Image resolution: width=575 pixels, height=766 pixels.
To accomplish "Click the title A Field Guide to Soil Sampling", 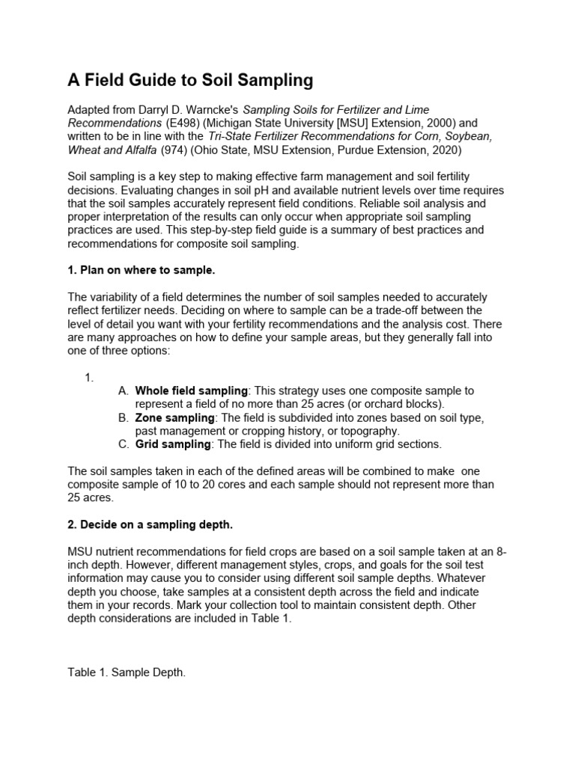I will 190,79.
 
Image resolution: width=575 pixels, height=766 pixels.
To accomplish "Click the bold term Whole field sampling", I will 191,390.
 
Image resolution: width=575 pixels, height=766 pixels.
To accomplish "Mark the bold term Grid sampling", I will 172,444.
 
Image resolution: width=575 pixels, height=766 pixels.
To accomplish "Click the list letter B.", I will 124,417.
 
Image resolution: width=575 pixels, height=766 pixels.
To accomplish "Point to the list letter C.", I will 124,444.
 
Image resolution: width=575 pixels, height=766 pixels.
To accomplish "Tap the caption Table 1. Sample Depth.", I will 127,672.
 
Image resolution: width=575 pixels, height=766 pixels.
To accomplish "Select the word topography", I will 373,431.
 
